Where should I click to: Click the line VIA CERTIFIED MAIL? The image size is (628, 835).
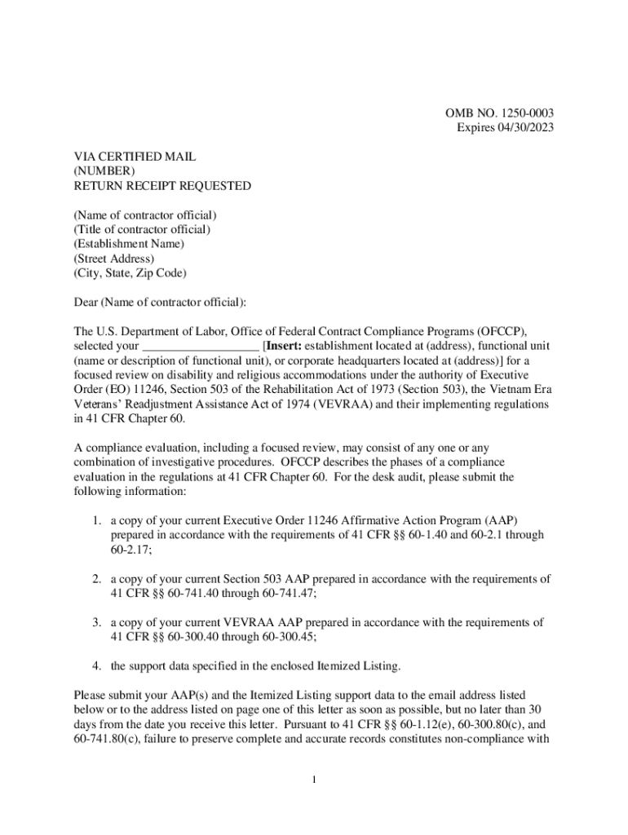tap(135, 157)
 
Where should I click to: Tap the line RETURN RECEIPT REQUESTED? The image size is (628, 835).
tap(162, 185)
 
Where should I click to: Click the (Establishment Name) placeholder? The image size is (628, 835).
tap(129, 244)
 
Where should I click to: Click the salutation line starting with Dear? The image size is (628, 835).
tap(160, 303)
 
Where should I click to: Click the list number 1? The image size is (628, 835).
tap(96, 520)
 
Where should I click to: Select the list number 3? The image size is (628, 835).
tap(96, 622)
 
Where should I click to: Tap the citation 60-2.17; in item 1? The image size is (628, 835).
tap(131, 550)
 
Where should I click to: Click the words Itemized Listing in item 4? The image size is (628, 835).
tap(356, 666)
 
